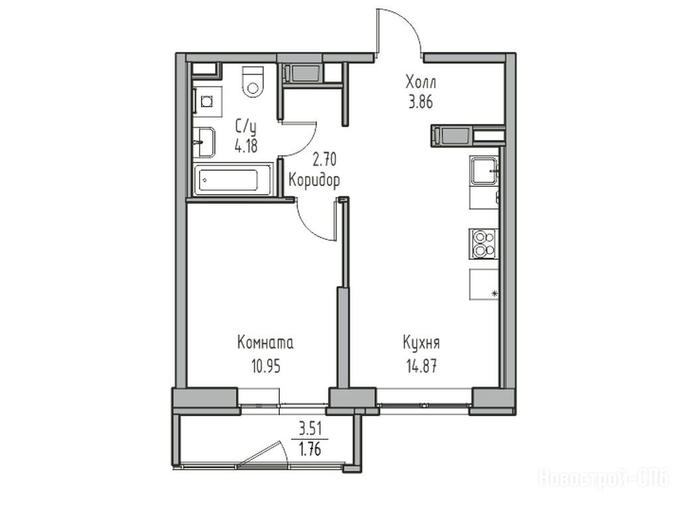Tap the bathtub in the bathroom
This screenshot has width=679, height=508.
pyautogui.click(x=233, y=179)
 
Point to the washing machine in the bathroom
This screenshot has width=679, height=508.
pyautogui.click(x=208, y=101)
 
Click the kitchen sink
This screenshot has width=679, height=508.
pyautogui.click(x=483, y=170)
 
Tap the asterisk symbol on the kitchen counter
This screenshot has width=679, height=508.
pyautogui.click(x=495, y=294)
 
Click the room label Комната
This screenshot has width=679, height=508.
pyautogui.click(x=265, y=342)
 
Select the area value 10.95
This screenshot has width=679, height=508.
pyautogui.click(x=266, y=366)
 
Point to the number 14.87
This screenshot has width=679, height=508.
pyautogui.click(x=421, y=366)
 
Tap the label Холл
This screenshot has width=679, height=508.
pyautogui.click(x=420, y=81)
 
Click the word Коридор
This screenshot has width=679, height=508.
pyautogui.click(x=314, y=180)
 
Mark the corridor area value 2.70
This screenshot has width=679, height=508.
pyautogui.click(x=324, y=160)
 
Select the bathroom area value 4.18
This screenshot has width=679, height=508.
pyautogui.click(x=246, y=146)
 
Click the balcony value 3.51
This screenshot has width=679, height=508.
pyautogui.click(x=310, y=430)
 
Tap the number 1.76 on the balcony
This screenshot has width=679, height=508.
pyautogui.click(x=310, y=450)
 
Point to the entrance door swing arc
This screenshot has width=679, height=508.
pyautogui.click(x=408, y=22)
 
